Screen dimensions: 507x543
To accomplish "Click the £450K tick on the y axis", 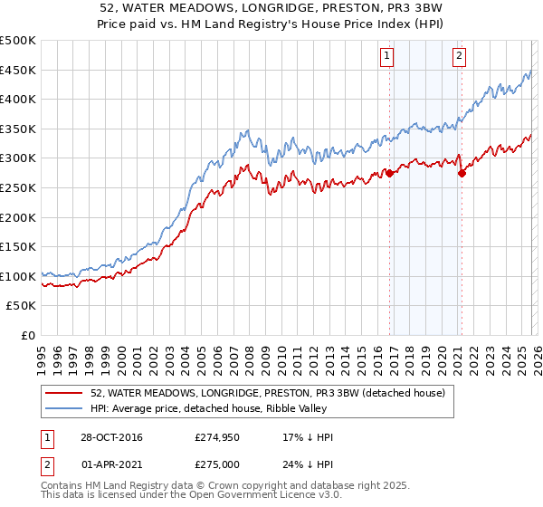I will pos(18,70).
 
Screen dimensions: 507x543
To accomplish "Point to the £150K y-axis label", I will pos(18,246).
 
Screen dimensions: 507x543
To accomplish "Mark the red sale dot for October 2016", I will pos(390,172).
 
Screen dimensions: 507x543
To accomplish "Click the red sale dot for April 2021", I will pos(462,173).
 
